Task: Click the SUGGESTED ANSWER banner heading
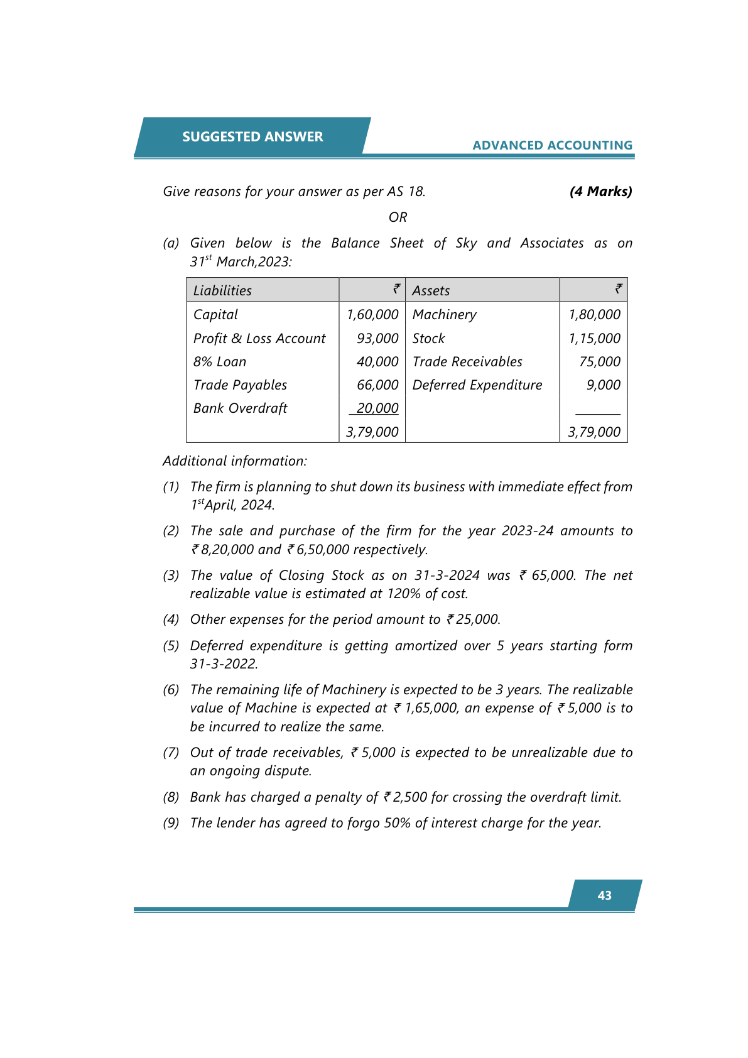click(252, 137)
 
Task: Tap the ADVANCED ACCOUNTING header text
click(552, 145)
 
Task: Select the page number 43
click(604, 895)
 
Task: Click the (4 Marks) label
click(600, 192)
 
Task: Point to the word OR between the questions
click(398, 217)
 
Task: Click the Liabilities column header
click(222, 291)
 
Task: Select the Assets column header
click(431, 291)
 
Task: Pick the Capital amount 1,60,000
click(372, 315)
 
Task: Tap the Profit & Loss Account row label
click(259, 339)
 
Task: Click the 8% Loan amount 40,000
click(377, 362)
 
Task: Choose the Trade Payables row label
click(240, 385)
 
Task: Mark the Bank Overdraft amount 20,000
click(377, 408)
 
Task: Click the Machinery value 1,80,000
click(594, 315)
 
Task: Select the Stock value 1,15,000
click(594, 339)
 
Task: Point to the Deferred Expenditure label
click(477, 385)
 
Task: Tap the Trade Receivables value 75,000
click(600, 362)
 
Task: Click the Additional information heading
click(235, 461)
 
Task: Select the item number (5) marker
click(171, 646)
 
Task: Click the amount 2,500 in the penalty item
click(410, 797)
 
